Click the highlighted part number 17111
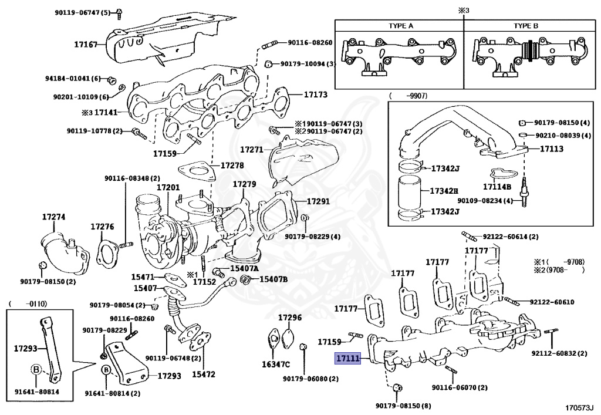[x=348, y=358]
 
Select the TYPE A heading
[x=401, y=26]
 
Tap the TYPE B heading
[x=526, y=26]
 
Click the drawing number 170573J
[x=579, y=406]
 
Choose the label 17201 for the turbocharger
[x=168, y=187]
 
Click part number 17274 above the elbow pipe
[x=53, y=217]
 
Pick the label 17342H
[x=444, y=191]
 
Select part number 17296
[x=289, y=318]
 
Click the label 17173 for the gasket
[x=315, y=94]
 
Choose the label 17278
[x=232, y=166]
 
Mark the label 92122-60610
[x=552, y=302]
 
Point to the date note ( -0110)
[x=28, y=303]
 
